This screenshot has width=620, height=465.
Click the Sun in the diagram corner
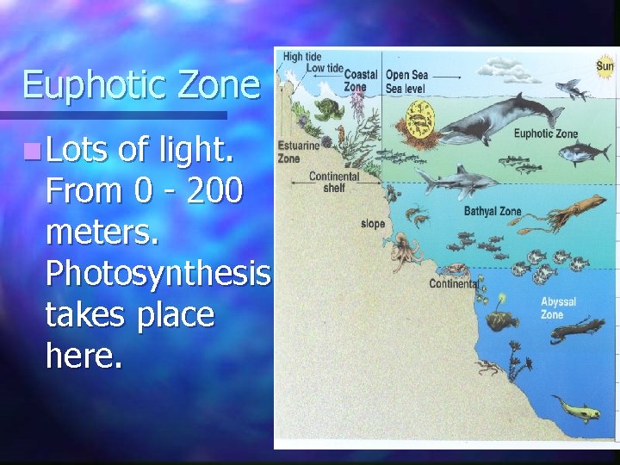coord(605,65)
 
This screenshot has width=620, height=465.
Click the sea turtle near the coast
coord(328,109)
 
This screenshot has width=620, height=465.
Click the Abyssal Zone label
coord(557,308)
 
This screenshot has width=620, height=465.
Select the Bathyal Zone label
coord(492,211)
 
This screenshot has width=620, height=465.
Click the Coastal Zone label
coord(356,81)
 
